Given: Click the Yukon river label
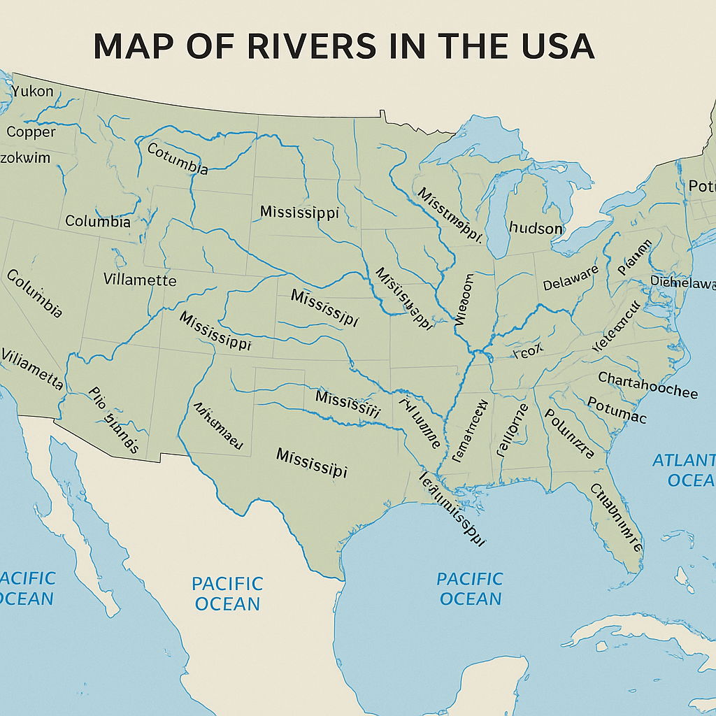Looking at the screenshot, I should pyautogui.click(x=32, y=90).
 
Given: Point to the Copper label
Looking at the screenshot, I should pyautogui.click(x=31, y=131).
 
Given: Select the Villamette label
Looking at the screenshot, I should pyautogui.click(x=140, y=280).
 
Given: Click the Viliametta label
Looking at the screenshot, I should pyautogui.click(x=32, y=368).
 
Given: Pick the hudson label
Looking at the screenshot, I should pyautogui.click(x=536, y=229).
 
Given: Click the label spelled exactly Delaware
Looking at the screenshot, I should pyautogui.click(x=571, y=278).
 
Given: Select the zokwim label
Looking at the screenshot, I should pyautogui.click(x=25, y=157).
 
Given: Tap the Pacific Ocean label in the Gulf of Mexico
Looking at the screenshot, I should pyautogui.click(x=470, y=589).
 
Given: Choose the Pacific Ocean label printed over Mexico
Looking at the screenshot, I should pyautogui.click(x=227, y=593).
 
